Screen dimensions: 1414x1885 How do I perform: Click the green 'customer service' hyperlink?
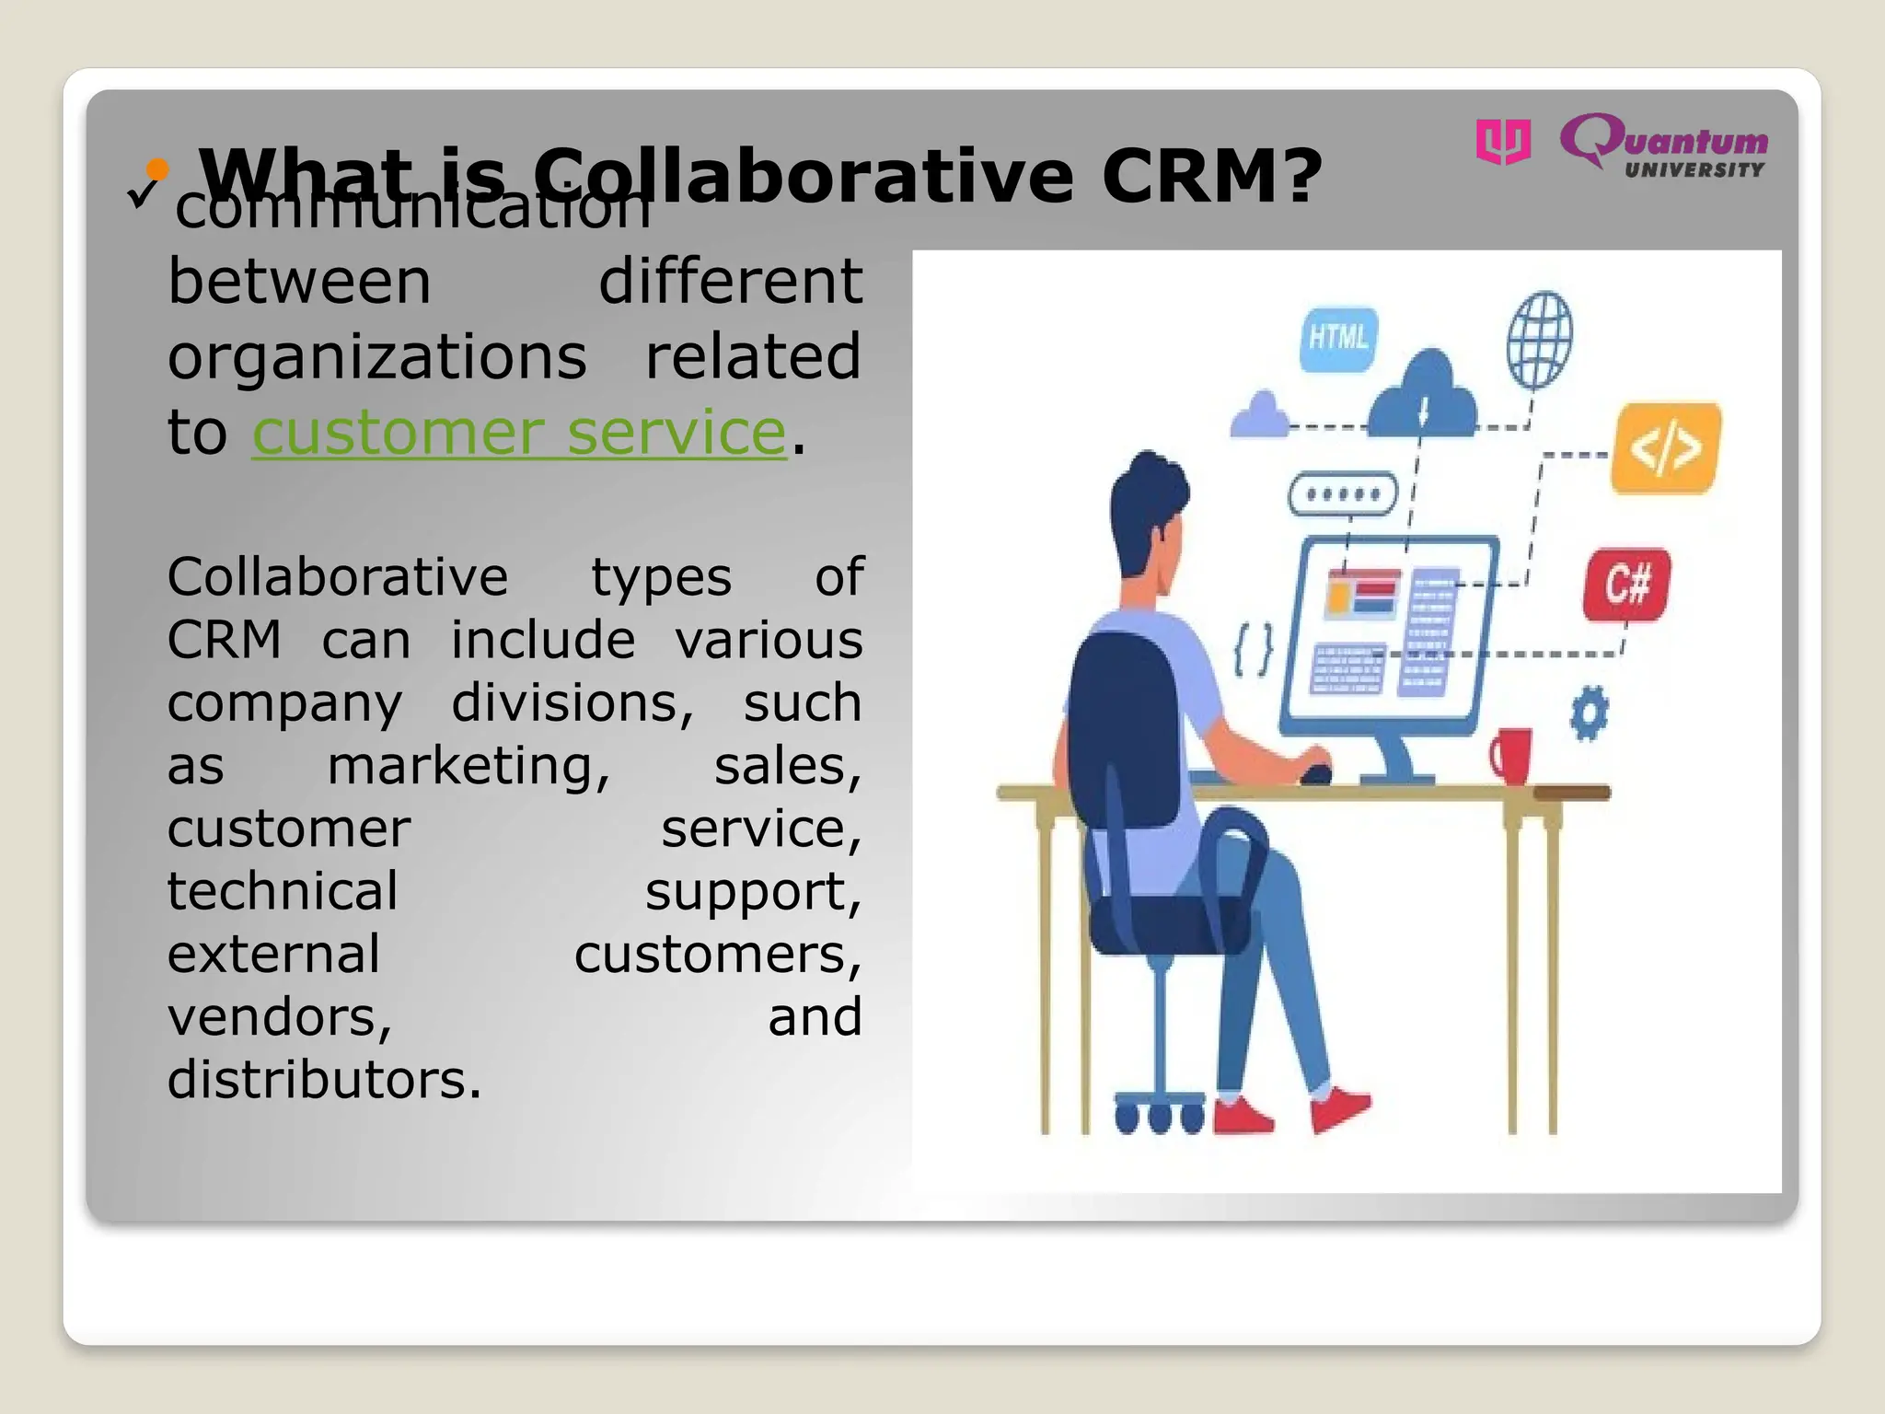coord(519,433)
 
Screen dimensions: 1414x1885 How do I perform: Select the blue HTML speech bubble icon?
coord(1337,339)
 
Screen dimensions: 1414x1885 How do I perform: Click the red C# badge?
coord(1626,585)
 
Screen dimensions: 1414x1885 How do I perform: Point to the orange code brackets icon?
coord(1665,448)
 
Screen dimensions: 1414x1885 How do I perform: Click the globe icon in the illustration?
coord(1539,340)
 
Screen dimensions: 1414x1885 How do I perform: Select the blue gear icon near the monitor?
coord(1590,713)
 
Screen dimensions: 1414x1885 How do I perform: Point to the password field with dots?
coord(1343,494)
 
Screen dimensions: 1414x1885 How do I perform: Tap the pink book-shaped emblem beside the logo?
coord(1503,142)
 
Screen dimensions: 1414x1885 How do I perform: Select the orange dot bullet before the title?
coord(158,168)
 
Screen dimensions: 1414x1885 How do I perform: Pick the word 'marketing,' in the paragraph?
coord(468,766)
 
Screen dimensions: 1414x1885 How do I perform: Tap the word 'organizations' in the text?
coord(376,357)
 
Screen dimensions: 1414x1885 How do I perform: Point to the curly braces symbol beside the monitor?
coord(1254,649)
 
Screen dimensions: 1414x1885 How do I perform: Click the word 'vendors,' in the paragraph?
coord(280,1017)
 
